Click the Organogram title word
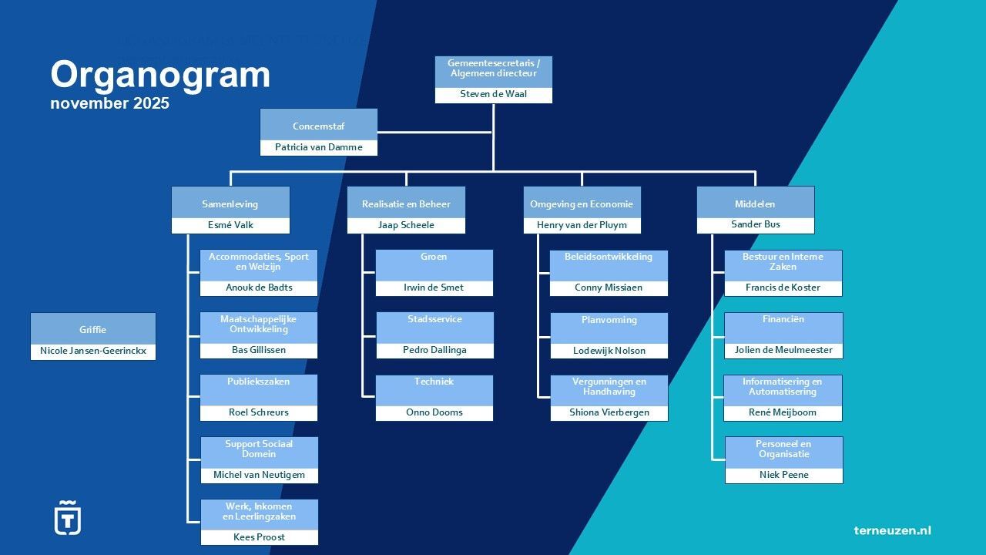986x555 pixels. [160, 76]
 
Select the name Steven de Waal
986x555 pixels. [494, 94]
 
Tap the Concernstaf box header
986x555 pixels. [318, 126]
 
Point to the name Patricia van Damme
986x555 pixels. [318, 147]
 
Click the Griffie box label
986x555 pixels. [92, 329]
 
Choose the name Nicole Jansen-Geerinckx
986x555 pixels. [92, 351]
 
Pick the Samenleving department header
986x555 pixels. [230, 204]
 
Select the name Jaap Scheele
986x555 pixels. [406, 225]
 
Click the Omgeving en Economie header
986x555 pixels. [582, 204]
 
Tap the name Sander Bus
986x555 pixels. [755, 224]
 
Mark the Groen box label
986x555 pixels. [434, 257]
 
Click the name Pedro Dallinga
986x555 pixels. [434, 350]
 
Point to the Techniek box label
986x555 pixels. [434, 382]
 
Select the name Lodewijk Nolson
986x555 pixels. [609, 351]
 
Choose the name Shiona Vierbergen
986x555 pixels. [609, 412]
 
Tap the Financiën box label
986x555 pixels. [783, 319]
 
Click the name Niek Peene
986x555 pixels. [783, 475]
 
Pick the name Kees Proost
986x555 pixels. [259, 537]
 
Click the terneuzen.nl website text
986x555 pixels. [892, 530]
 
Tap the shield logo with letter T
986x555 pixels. [67, 518]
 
